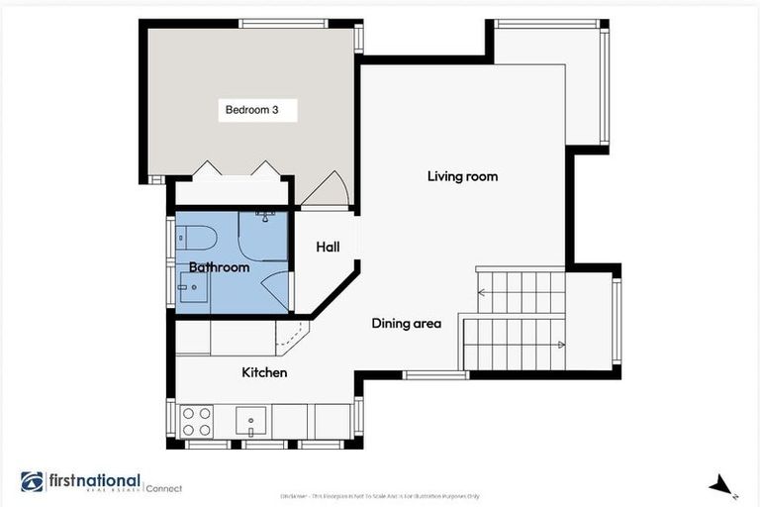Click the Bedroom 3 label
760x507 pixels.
tap(259, 110)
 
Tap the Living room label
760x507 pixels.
tap(462, 176)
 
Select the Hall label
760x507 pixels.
tap(328, 247)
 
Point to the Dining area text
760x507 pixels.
tap(406, 323)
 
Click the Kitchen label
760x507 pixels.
tap(264, 372)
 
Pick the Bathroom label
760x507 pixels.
tap(219, 267)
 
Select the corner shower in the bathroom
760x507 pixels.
tap(263, 235)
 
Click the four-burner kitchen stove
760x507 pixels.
tap(196, 422)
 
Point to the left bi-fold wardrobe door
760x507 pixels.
tap(206, 169)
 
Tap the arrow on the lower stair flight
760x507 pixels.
tap(559, 345)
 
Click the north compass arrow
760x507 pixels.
tap(722, 485)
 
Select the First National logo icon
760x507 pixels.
tap(32, 482)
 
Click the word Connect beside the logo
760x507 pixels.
tap(164, 487)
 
